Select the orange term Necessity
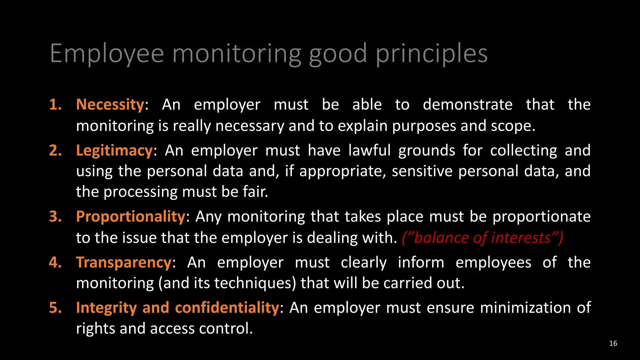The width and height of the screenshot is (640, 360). point(110,104)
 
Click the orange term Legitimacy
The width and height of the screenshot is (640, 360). point(114,151)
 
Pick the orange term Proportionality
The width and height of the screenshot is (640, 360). point(131,217)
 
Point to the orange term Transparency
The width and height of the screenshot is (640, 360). point(124,262)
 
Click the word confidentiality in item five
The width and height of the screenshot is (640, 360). point(227,308)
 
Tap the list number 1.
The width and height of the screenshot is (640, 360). point(55,104)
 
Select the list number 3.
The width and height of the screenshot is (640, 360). point(55,217)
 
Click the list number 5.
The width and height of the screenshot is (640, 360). point(55,308)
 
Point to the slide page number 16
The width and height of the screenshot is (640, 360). point(613,343)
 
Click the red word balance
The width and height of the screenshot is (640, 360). point(441,238)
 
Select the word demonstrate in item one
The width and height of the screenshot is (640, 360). point(467,104)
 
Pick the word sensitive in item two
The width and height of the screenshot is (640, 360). point(422,171)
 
